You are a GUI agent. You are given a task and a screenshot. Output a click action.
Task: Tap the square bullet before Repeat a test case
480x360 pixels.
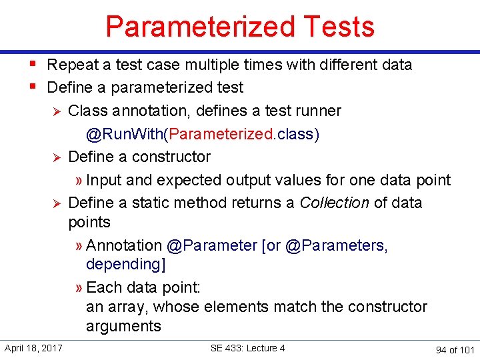pyautogui.click(x=33, y=65)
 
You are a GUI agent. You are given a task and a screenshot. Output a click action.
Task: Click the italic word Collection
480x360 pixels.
pyautogui.click(x=334, y=203)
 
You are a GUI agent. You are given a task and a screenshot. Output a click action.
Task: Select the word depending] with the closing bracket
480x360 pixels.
pyautogui.click(x=126, y=265)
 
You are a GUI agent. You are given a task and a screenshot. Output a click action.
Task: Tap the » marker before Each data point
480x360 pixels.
pyautogui.click(x=79, y=288)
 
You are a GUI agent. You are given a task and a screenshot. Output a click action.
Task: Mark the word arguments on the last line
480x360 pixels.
pyautogui.click(x=123, y=326)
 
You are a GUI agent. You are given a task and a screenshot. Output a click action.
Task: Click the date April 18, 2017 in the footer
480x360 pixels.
pyautogui.click(x=33, y=348)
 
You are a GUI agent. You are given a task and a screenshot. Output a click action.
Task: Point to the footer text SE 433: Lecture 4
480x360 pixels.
pyautogui.click(x=247, y=348)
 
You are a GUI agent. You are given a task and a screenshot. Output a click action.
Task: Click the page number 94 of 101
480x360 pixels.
pyautogui.click(x=455, y=349)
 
